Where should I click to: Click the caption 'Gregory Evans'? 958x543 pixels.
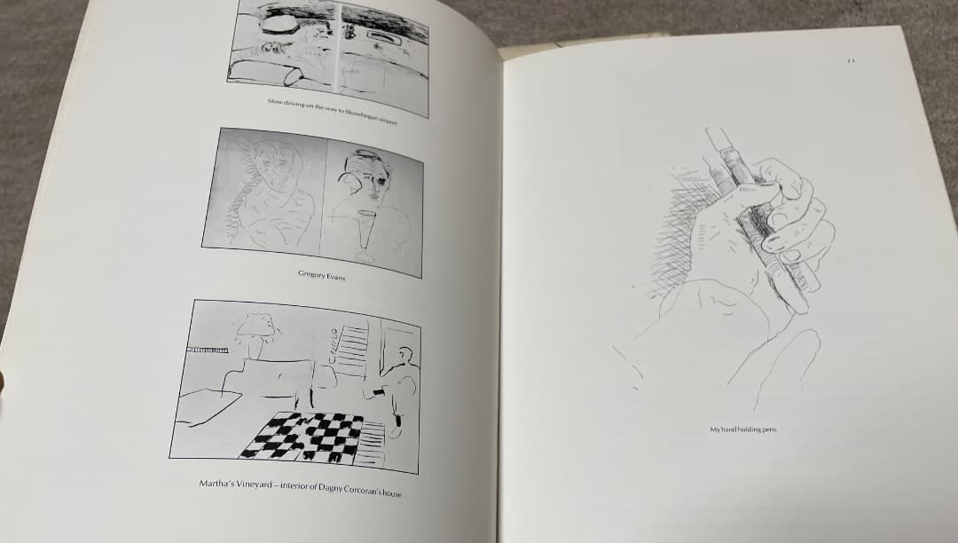point(321,277)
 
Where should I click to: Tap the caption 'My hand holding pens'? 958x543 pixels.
point(742,430)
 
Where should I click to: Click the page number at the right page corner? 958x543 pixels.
point(850,61)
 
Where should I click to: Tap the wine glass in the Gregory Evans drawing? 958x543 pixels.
point(365,232)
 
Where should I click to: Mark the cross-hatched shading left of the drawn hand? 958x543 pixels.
point(679,217)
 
